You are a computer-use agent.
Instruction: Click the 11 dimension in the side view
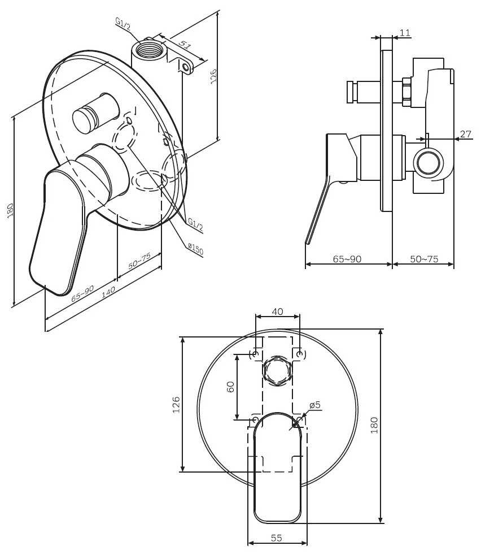(405, 33)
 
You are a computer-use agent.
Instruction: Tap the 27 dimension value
(465, 134)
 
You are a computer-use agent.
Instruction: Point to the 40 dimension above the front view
(277, 311)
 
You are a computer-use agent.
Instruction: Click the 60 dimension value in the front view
(230, 387)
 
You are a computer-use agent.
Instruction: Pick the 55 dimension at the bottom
(277, 538)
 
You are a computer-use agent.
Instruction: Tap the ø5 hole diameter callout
(315, 405)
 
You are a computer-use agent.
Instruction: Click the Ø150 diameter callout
(195, 249)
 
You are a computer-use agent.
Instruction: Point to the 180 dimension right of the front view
(374, 425)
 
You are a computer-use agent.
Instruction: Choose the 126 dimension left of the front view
(176, 405)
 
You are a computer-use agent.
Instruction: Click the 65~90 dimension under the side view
(347, 259)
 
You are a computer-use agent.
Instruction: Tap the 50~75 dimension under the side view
(424, 259)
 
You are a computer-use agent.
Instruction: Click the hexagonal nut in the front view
(277, 371)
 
